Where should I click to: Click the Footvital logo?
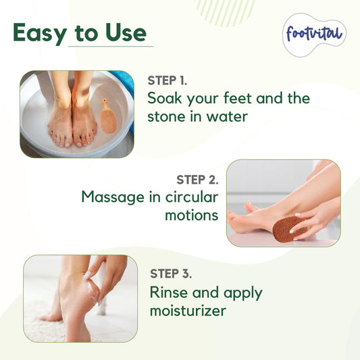pyautogui.click(x=314, y=34)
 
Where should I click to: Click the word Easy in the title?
pyautogui.click(x=40, y=33)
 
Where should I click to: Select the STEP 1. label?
pyautogui.click(x=167, y=80)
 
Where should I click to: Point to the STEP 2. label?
pyautogui.click(x=197, y=180)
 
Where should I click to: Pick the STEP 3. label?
pyautogui.click(x=171, y=274)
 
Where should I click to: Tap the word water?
pyautogui.click(x=228, y=116)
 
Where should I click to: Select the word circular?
pyautogui.click(x=192, y=197)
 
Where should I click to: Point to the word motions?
pyautogui.click(x=192, y=215)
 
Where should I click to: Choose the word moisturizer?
pyautogui.click(x=188, y=311)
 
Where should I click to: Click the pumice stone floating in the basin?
pyautogui.click(x=108, y=117)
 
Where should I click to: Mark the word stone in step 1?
pyautogui.click(x=166, y=116)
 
